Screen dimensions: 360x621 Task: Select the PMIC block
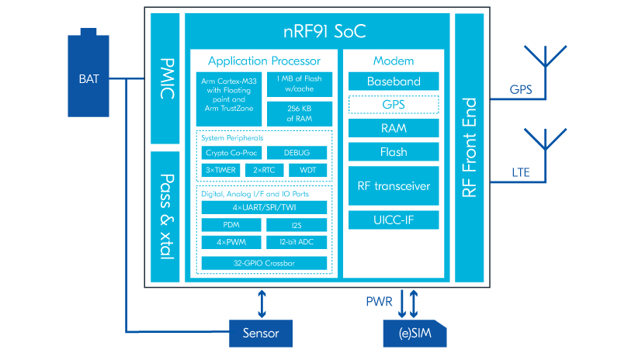(165, 78)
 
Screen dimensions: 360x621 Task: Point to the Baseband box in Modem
(394, 81)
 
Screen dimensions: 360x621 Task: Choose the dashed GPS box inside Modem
(394, 104)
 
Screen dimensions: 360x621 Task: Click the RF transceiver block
(394, 185)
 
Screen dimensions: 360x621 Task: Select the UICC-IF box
(394, 220)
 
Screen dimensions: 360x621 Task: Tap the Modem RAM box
(394, 127)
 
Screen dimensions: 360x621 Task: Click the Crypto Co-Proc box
(232, 153)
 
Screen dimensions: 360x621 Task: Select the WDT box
(308, 170)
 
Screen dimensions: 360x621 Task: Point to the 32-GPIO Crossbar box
(264, 263)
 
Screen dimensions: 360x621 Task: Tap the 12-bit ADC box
(297, 242)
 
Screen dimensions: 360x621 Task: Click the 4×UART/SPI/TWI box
(264, 207)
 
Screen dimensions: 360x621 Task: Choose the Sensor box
(262, 334)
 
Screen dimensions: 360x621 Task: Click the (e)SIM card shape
(415, 334)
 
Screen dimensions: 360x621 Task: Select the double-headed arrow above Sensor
(262, 303)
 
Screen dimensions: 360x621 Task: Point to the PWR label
(380, 301)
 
